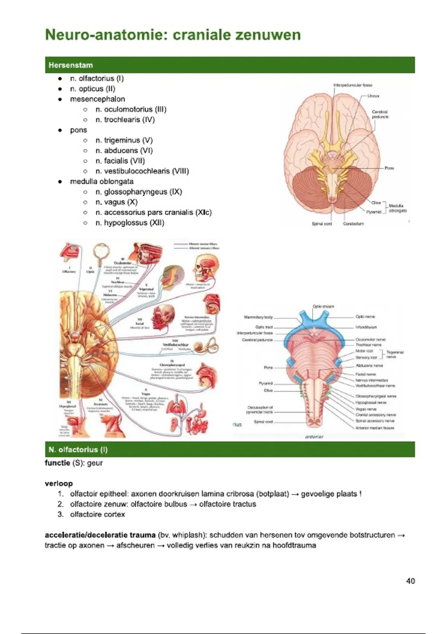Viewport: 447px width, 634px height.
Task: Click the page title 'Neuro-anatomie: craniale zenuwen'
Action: (173, 35)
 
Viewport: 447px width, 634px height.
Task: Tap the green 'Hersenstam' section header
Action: (70, 65)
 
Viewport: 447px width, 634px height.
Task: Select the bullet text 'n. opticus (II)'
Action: (93, 89)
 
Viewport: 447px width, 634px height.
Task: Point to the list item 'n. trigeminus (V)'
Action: (124, 140)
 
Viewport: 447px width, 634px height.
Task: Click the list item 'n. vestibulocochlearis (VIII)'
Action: (142, 171)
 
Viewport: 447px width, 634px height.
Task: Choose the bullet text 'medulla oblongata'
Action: (102, 182)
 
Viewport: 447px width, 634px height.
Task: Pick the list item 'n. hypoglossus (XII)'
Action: (130, 223)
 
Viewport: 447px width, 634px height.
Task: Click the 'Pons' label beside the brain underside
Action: (389, 168)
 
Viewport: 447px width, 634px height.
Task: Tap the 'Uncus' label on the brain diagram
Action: (373, 96)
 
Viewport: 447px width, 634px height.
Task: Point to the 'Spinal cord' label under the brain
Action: (322, 224)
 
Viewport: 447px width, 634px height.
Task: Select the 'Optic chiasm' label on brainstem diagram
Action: (323, 306)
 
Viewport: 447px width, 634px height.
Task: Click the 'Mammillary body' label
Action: (259, 317)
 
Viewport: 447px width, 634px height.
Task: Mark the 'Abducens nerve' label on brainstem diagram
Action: (369, 366)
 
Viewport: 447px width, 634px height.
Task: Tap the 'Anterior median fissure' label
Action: (374, 428)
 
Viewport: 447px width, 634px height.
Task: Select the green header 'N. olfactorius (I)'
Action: (78, 450)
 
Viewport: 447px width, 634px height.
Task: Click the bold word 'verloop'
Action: (59, 484)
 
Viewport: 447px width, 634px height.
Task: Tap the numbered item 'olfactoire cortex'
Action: (98, 515)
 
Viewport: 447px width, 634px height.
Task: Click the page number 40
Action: (410, 581)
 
